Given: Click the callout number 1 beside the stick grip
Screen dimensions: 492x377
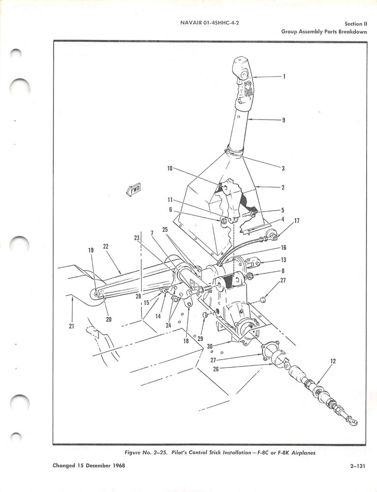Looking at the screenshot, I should [283, 76].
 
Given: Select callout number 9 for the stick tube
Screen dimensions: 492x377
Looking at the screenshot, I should [283, 120].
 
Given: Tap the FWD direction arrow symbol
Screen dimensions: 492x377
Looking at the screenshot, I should [133, 189].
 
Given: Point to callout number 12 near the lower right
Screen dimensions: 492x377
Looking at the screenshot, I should [333, 362].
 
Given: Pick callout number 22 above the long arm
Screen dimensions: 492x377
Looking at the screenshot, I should [106, 246].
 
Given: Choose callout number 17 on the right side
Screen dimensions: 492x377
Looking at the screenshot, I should [296, 221].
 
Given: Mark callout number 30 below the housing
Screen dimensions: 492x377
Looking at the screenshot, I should [210, 346].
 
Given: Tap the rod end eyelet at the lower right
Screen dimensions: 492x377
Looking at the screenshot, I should [353, 421].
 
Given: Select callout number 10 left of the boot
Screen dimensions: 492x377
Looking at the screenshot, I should [169, 168].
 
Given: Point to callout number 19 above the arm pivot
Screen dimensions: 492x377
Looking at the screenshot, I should [91, 250].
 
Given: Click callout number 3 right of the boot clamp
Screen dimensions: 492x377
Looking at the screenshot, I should [283, 168].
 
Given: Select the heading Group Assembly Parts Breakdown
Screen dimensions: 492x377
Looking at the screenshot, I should [324, 31].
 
